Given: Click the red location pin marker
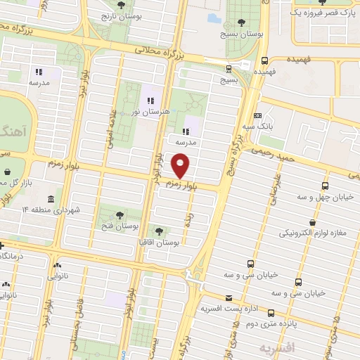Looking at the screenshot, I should (181, 166).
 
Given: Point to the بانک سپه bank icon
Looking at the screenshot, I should (258, 115).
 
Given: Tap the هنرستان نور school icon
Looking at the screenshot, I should (150, 100).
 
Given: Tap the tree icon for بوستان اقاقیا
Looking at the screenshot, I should (159, 230).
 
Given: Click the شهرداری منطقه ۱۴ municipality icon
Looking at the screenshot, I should (51, 200).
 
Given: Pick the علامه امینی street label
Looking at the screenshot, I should (110, 130).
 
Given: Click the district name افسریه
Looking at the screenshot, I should (274, 348).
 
